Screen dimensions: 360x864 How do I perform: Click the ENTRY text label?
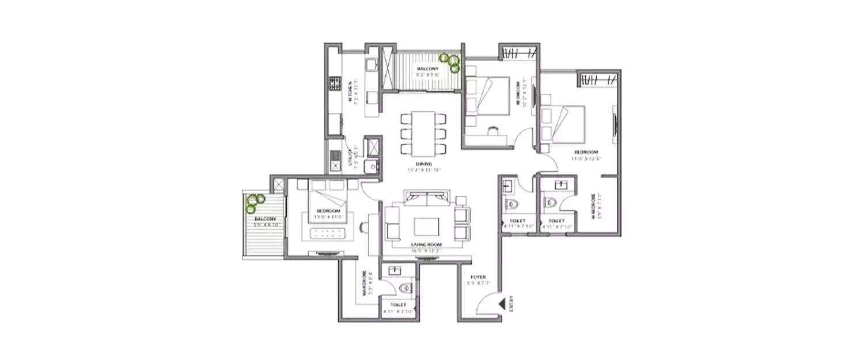511,304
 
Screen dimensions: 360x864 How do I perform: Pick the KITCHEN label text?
350,92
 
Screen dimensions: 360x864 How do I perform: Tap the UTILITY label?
350,157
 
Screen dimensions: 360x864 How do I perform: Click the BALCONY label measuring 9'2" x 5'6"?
428,69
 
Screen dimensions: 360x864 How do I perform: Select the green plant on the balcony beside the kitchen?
450,62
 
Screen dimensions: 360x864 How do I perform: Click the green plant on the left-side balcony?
255,200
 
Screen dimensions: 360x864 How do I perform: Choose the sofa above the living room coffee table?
427,199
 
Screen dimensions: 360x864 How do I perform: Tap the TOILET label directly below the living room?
398,305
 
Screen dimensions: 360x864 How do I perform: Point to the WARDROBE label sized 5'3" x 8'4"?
365,283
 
